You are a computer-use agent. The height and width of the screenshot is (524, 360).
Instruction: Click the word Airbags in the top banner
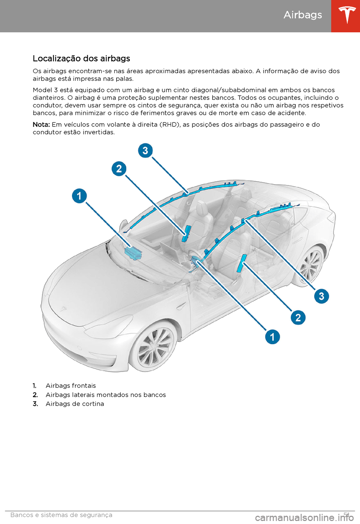pos(303,15)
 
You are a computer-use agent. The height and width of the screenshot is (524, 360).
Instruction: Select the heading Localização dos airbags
pos(81,59)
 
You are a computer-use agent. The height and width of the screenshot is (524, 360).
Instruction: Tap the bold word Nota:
pos(41,125)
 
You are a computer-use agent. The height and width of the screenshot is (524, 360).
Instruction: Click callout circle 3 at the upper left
pos(145,151)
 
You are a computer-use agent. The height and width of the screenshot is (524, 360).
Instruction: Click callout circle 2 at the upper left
pos(119,169)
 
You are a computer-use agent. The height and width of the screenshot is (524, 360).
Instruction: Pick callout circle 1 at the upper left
pos(79,196)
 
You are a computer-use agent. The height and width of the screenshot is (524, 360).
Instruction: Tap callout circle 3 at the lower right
pos(321,296)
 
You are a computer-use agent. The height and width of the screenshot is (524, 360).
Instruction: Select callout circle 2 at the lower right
pos(298,318)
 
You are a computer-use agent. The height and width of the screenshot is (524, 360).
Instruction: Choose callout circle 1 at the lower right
pos(273,337)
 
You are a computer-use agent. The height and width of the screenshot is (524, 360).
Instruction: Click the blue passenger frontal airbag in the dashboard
pos(133,253)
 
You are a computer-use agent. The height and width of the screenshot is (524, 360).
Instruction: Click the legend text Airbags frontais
pos(71,386)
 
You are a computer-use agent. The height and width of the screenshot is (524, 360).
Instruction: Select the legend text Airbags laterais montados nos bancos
pos(106,395)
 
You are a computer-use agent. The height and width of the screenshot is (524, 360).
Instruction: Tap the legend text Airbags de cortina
pos(75,404)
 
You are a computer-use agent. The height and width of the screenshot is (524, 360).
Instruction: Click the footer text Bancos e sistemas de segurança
pos(61,515)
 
